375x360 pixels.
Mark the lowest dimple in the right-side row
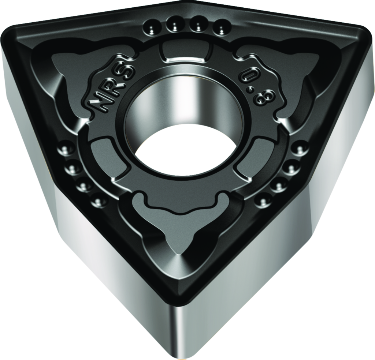click(262, 201)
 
